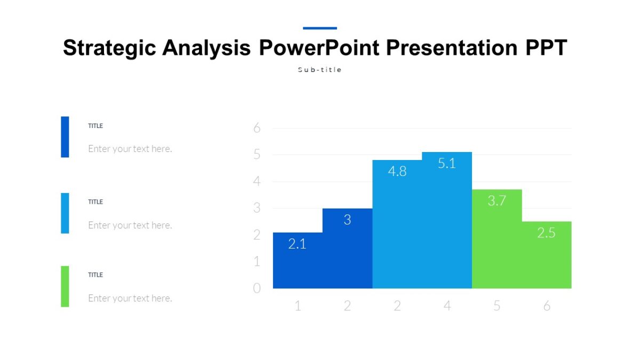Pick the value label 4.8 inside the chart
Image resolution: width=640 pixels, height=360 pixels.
[x=397, y=171]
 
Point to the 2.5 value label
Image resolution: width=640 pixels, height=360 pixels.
[x=546, y=233]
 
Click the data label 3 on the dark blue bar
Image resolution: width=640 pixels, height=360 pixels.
[x=347, y=220]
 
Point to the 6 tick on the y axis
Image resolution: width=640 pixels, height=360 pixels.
[x=257, y=128]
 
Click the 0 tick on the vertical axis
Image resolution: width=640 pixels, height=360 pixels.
[x=257, y=289]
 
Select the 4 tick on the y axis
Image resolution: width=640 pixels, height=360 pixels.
[x=257, y=181]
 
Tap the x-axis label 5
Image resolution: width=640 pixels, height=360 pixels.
[x=497, y=306]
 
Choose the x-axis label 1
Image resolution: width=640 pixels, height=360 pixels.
[x=298, y=306]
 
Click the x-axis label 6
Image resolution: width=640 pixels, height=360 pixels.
[x=546, y=306]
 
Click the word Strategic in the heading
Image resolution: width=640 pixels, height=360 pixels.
[x=110, y=48]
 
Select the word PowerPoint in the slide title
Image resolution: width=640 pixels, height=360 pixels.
[x=319, y=48]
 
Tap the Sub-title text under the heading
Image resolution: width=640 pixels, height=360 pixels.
[x=319, y=70]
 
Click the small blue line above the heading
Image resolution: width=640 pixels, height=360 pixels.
[x=319, y=28]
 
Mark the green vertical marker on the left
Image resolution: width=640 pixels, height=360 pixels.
[x=65, y=286]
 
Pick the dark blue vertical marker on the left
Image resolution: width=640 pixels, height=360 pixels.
[x=65, y=137]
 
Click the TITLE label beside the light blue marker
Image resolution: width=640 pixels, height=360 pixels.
[x=95, y=202]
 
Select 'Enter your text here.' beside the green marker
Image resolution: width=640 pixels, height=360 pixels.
[x=130, y=298]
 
